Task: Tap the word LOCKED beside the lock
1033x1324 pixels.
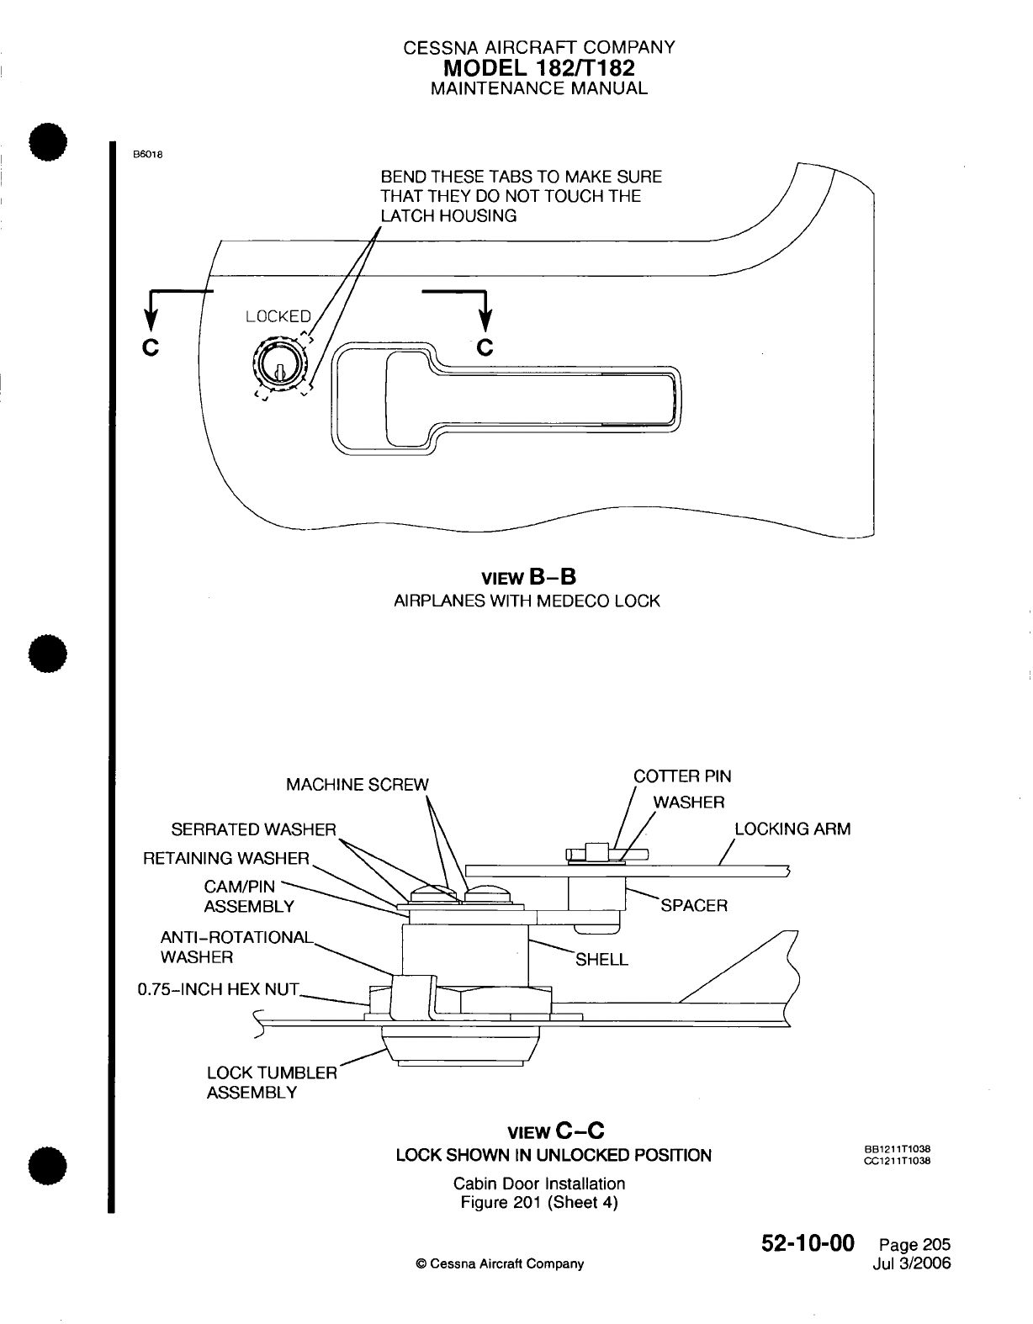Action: (x=278, y=317)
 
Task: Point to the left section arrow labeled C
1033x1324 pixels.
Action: (x=151, y=315)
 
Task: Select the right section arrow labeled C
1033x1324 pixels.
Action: (x=485, y=315)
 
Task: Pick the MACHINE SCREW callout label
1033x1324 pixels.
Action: (x=357, y=785)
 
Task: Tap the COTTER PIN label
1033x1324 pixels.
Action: (x=682, y=776)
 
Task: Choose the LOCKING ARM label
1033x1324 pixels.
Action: (x=792, y=829)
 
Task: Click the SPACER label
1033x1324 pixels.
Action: (x=694, y=905)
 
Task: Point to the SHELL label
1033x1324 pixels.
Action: (x=601, y=960)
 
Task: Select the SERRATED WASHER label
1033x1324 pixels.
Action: (x=253, y=829)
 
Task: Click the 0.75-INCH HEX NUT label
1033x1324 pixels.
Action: (x=218, y=988)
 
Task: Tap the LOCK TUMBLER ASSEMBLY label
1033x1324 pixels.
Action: (x=271, y=1083)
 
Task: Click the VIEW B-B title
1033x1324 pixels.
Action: (x=527, y=577)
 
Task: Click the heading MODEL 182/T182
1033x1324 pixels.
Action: (x=539, y=67)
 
